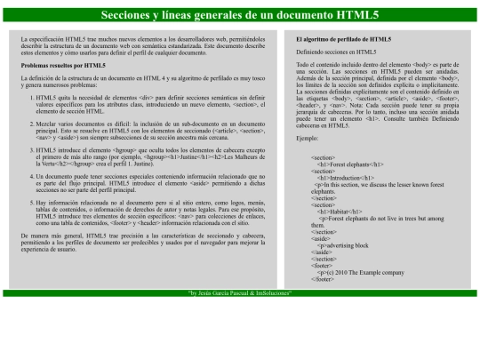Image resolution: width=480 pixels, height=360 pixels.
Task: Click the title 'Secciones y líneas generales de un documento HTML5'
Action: pos(239,15)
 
